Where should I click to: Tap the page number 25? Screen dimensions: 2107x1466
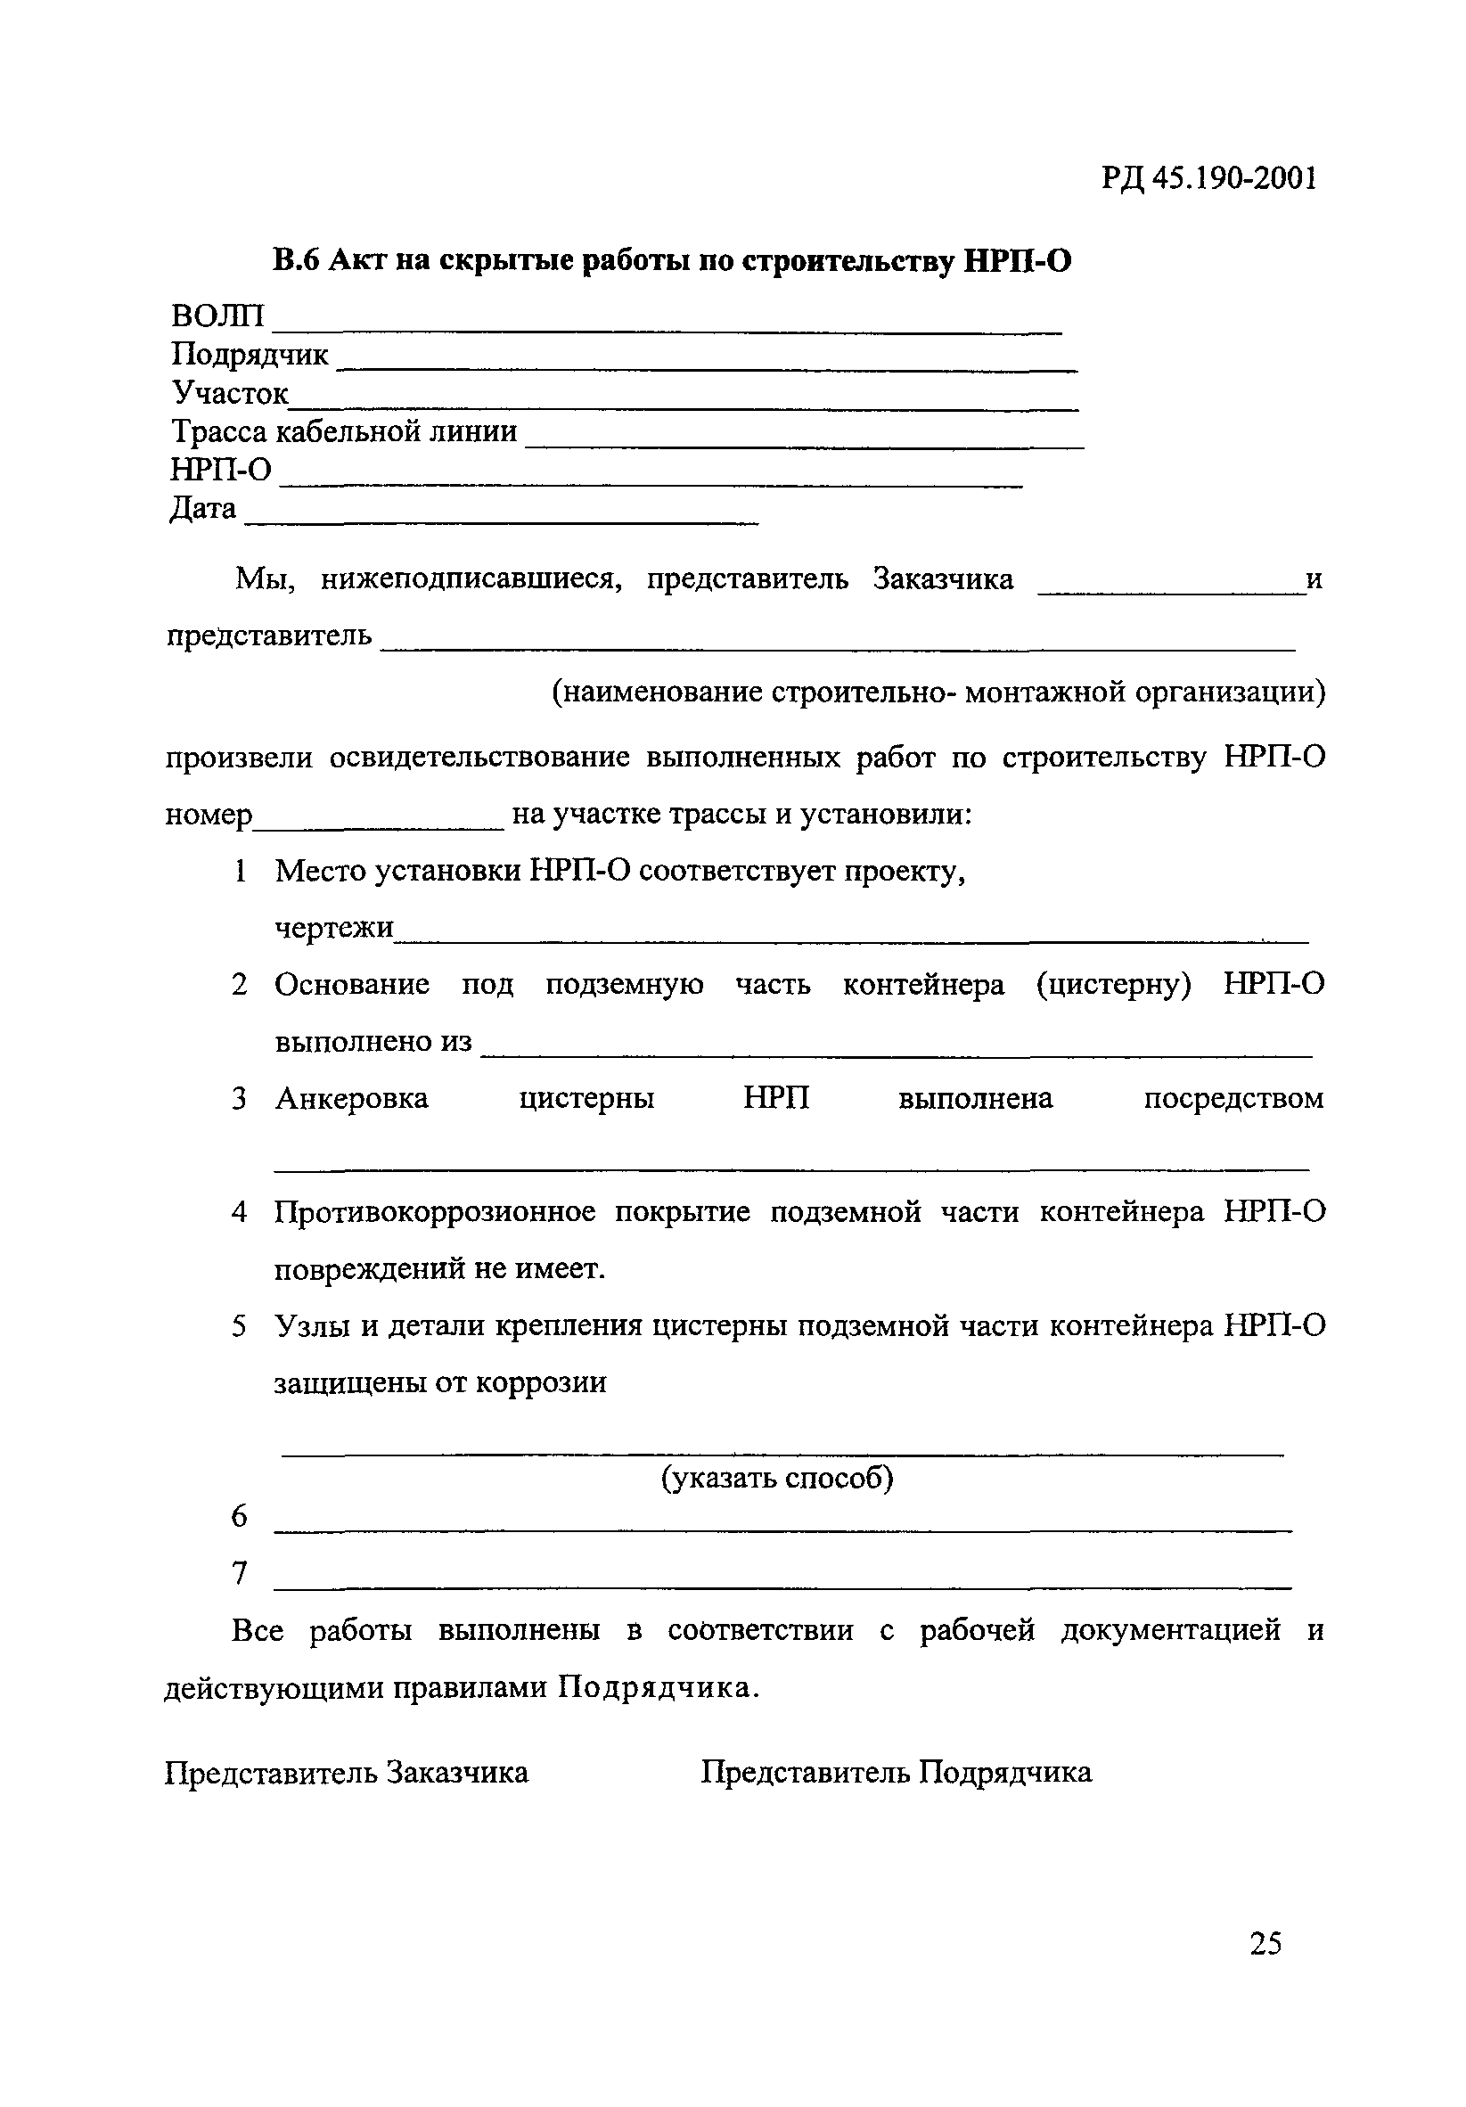1265,1943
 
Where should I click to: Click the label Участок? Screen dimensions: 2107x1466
229,393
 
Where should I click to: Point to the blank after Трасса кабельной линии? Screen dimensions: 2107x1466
804,445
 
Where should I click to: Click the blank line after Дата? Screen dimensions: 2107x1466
501,522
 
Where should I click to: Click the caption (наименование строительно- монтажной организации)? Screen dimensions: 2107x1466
938,691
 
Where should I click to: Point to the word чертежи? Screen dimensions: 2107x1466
334,928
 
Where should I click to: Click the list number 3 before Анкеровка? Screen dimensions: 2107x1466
239,1098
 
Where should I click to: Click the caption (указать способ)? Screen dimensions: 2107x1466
777,1477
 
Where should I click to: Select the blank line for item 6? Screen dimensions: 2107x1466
782,1529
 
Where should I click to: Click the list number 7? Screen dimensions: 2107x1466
240,1573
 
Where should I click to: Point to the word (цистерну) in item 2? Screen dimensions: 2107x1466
1113,985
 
